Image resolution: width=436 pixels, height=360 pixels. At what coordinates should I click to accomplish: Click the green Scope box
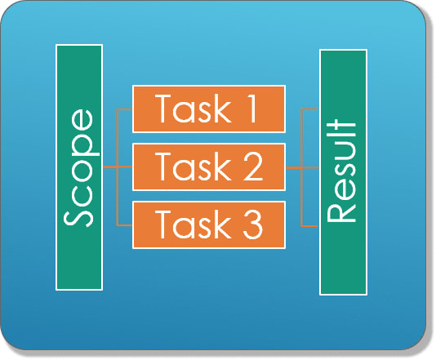click(x=79, y=167)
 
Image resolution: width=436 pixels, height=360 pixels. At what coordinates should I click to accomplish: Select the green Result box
click(x=343, y=172)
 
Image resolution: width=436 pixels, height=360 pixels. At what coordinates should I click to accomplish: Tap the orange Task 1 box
click(x=209, y=109)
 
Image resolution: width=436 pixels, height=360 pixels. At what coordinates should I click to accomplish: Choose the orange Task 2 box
click(x=209, y=167)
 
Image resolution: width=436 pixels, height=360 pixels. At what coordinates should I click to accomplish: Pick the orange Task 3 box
click(x=209, y=224)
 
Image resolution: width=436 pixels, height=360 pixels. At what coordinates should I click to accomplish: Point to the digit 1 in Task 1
click(x=251, y=109)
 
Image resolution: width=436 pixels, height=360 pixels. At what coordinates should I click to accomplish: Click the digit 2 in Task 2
click(x=253, y=167)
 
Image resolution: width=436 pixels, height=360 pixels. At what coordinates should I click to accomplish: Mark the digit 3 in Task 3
click(x=253, y=224)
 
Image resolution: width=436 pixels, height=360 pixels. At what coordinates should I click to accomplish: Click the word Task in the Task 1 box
click(x=194, y=109)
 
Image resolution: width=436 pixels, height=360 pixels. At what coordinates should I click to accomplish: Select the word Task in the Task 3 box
click(x=194, y=224)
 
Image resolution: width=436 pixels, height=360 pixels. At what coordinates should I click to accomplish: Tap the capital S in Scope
click(x=78, y=216)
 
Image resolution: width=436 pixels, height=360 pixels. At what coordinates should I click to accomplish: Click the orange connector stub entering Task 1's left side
click(x=125, y=109)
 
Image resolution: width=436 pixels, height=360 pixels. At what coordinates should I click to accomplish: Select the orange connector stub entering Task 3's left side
click(x=125, y=224)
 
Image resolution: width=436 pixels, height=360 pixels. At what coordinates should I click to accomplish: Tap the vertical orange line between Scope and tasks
click(x=118, y=167)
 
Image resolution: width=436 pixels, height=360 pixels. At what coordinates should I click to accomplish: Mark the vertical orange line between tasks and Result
click(x=302, y=168)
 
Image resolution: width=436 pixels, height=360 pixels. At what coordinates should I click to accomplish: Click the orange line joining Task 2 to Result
click(x=303, y=167)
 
